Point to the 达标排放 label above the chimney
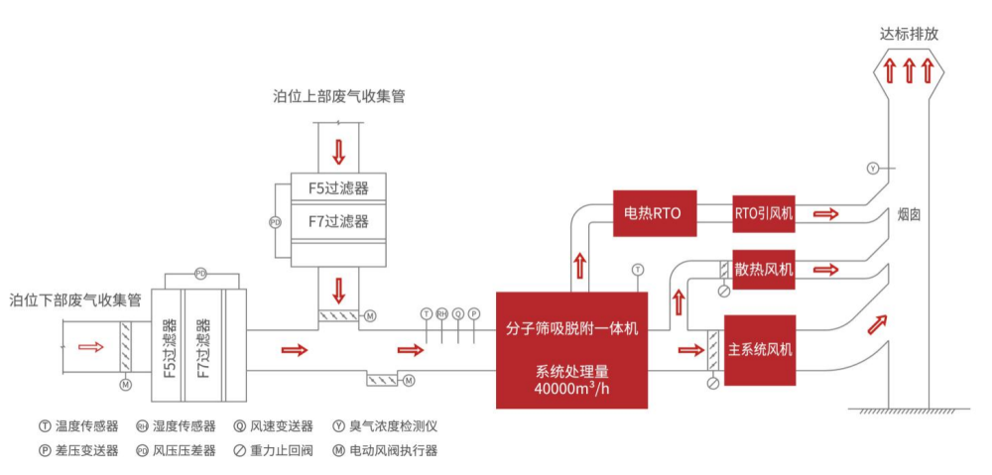909,33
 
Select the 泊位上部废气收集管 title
338,97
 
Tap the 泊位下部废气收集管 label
75,299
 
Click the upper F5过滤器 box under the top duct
338,187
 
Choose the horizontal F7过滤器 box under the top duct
338,221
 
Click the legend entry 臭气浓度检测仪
391,426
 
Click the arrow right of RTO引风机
824,213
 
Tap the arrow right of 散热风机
824,270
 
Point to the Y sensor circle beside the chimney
872,168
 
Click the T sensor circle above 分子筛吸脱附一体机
638,269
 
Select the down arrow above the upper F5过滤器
339,151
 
